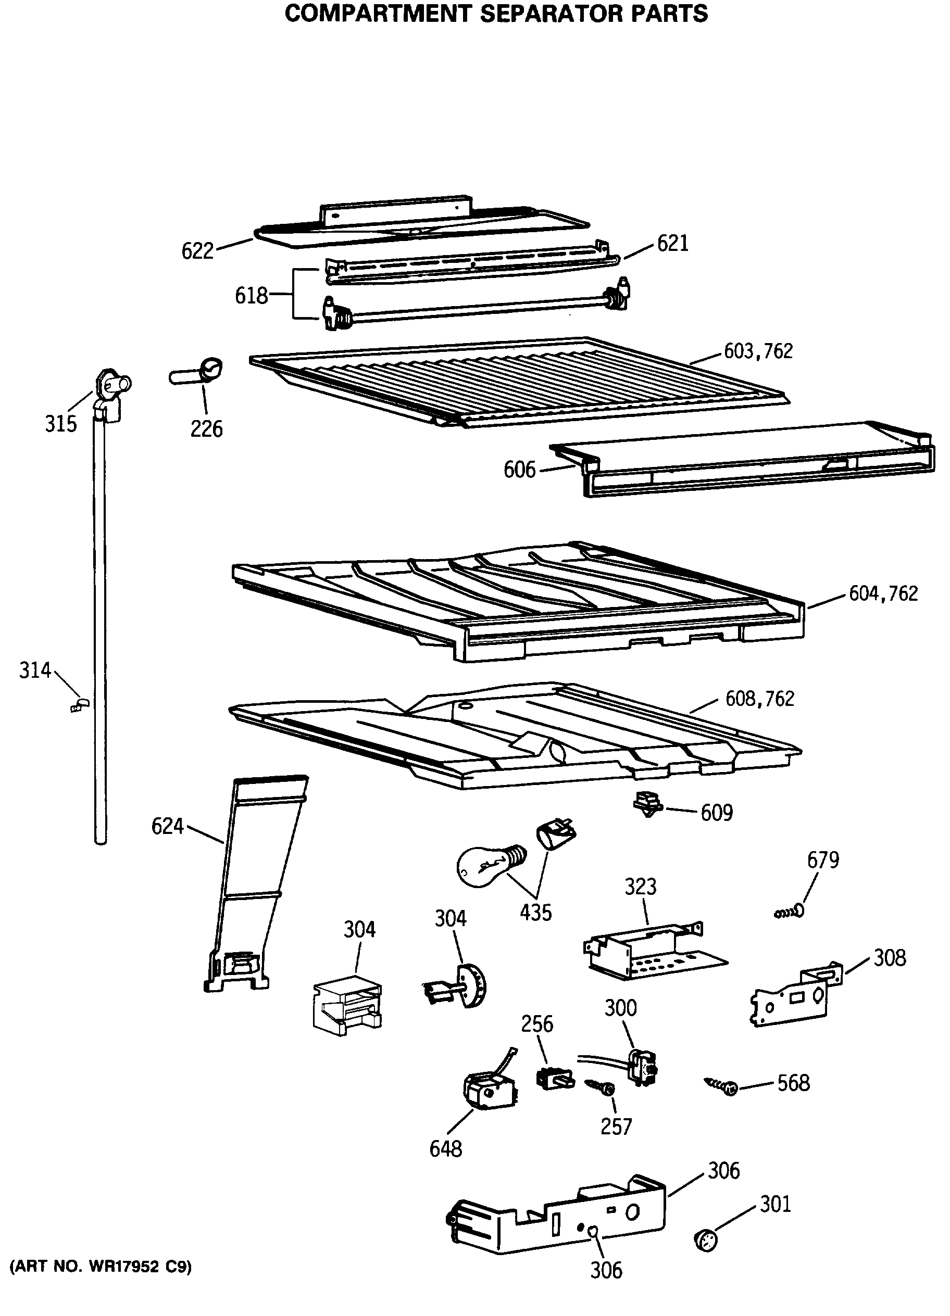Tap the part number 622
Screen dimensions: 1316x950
click(197, 251)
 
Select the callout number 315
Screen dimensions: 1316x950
click(60, 424)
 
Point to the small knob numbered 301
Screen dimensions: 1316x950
click(706, 1241)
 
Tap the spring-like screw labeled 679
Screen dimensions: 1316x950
click(790, 913)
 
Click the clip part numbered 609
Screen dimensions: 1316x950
click(647, 803)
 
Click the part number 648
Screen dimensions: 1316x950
click(445, 1148)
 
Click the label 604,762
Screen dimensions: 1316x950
click(883, 593)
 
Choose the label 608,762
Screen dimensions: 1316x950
click(759, 699)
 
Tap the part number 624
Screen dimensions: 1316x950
click(167, 826)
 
